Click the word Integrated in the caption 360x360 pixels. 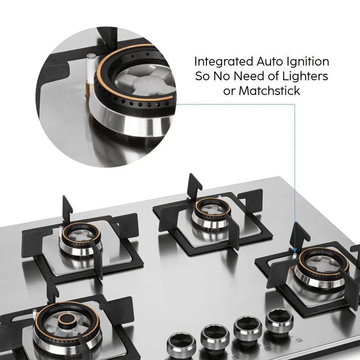click(x=224, y=62)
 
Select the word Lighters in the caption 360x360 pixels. click(x=305, y=76)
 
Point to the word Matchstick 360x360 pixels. click(x=269, y=91)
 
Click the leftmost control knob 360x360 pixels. click(x=181, y=346)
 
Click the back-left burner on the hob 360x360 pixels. click(x=81, y=239)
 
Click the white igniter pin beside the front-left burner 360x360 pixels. click(x=35, y=315)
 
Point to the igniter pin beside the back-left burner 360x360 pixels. click(x=60, y=231)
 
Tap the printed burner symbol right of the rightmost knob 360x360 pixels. click(x=299, y=340)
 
